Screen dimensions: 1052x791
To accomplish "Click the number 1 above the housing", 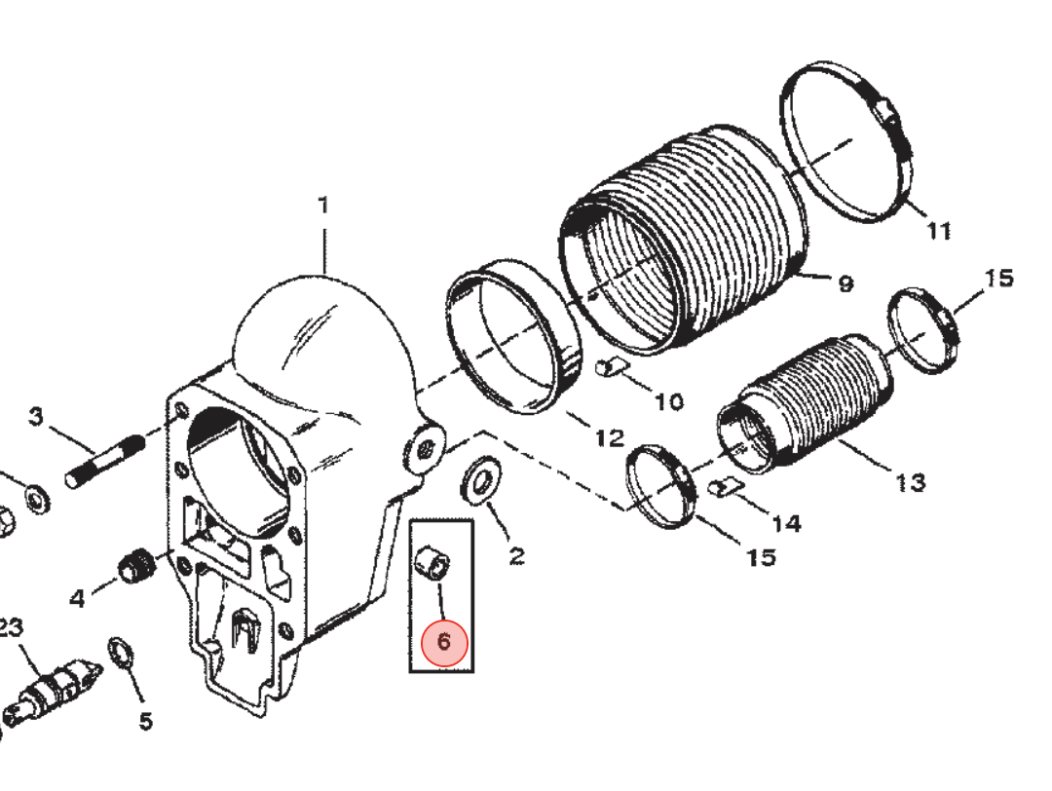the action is (x=323, y=206).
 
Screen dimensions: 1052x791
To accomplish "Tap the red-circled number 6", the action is (x=444, y=643).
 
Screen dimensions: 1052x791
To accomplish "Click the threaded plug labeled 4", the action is (x=137, y=566).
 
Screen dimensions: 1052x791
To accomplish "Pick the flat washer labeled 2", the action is (x=480, y=480).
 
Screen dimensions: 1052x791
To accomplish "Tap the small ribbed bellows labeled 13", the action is (x=807, y=402).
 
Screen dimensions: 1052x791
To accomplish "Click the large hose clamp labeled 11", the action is (x=846, y=142).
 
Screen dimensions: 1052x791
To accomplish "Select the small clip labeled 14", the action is (x=725, y=486).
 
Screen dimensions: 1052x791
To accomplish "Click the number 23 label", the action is (x=11, y=628).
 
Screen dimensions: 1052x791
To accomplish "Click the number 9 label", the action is (x=845, y=283).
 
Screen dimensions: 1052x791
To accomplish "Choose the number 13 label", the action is (x=911, y=482).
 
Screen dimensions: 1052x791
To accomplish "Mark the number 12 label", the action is (x=610, y=438).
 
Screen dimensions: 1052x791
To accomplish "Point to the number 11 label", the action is (x=939, y=231).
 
